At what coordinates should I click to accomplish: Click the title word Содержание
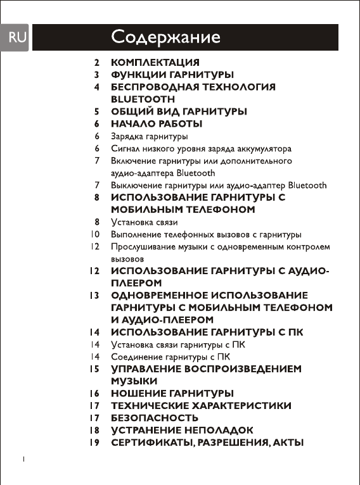(165, 37)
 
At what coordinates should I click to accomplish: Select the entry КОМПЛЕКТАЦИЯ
(155, 63)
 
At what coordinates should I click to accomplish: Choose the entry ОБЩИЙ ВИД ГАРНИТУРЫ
(179, 111)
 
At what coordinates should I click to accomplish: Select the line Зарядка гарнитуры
(149, 136)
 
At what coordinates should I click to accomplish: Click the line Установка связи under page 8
(144, 222)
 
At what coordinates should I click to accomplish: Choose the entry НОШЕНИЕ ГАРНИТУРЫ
(172, 393)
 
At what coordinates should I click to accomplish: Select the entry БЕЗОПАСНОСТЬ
(155, 418)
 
